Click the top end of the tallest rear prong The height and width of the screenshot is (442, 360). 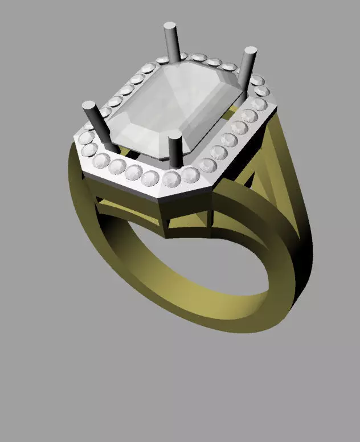tap(170, 26)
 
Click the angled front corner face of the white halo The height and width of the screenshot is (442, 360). tap(185, 194)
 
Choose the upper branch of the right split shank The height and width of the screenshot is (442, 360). tap(273, 137)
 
